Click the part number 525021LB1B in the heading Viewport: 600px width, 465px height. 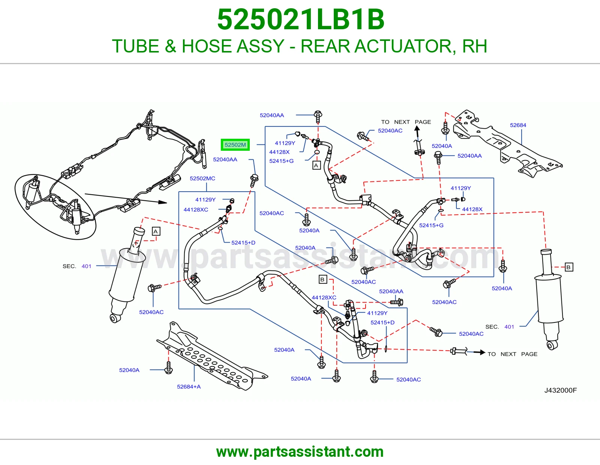coord(301,19)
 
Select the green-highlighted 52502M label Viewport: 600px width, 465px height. coord(235,145)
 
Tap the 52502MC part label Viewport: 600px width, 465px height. coord(202,178)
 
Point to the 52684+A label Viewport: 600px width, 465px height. coord(189,387)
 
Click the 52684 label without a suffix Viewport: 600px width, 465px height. coord(518,125)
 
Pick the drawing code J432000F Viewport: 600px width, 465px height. coord(561,390)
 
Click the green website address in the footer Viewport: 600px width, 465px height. coord(300,452)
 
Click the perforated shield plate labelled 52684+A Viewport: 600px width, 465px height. coord(212,356)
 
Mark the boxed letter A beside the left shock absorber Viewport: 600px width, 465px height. coord(156,231)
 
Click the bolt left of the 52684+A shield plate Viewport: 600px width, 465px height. coord(168,367)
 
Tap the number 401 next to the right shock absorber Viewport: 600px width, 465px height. coord(509,327)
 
